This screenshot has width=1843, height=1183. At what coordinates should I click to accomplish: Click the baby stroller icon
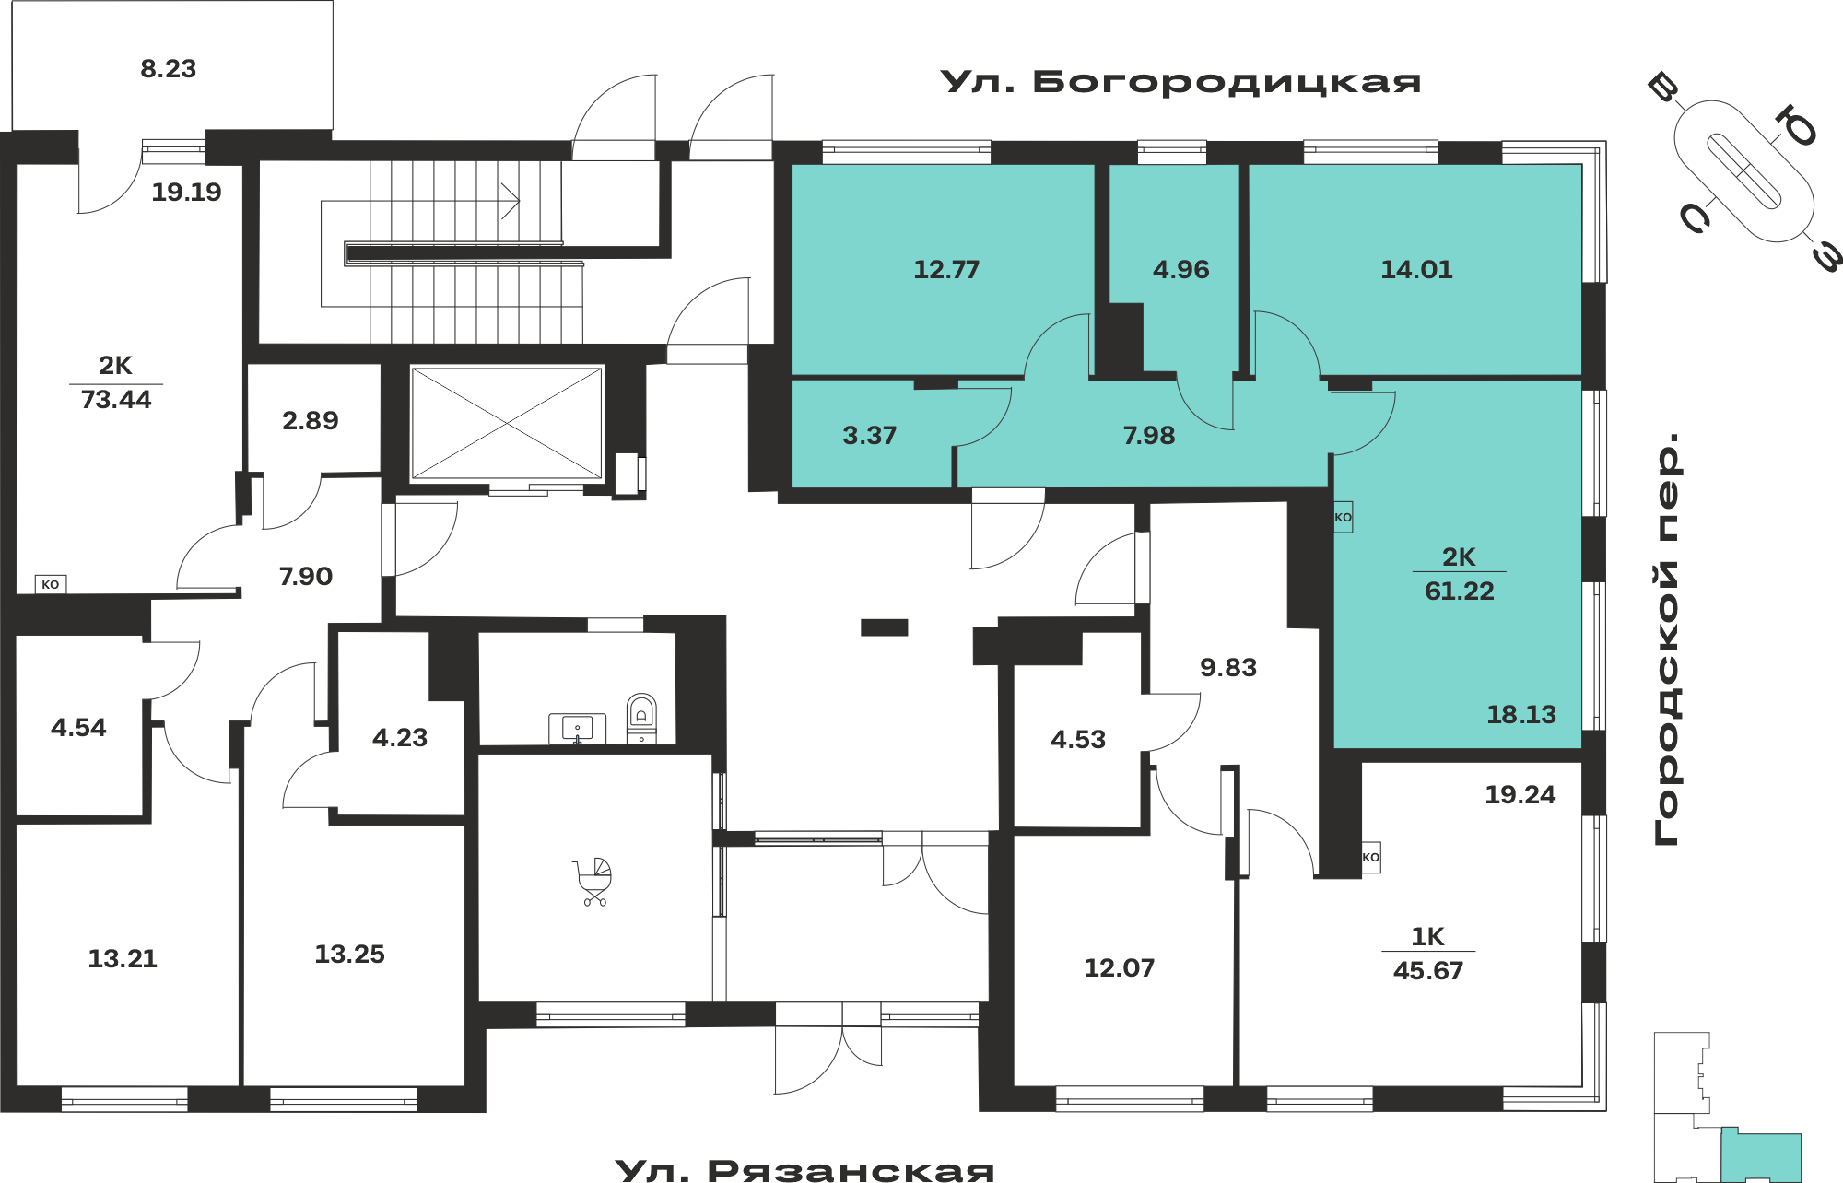[594, 882]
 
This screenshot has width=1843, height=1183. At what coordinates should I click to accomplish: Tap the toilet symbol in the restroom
[641, 719]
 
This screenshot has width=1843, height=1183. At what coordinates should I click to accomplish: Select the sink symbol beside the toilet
[578, 729]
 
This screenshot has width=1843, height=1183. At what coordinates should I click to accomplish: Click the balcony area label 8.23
[169, 69]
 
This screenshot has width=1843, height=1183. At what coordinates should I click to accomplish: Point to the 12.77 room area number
[946, 270]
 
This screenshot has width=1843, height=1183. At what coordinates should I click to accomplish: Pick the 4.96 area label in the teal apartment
[1180, 270]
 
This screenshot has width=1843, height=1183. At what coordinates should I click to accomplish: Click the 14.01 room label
[1416, 270]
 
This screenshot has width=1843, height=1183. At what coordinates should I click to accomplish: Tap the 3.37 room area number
[869, 436]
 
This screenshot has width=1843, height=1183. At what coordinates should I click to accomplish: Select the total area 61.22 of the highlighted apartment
[1460, 591]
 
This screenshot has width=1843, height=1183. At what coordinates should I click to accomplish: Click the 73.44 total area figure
[116, 400]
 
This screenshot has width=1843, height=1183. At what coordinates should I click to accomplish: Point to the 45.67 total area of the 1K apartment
[1428, 971]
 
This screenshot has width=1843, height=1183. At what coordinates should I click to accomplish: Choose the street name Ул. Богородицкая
[1180, 82]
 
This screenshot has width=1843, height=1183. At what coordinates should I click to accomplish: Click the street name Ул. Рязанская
[804, 1170]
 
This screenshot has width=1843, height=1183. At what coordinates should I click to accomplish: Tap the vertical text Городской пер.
[1667, 638]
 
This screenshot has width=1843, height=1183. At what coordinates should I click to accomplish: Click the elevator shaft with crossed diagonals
[507, 423]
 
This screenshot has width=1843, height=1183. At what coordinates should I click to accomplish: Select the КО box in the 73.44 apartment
[51, 584]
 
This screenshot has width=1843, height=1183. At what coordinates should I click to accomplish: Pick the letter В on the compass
[1664, 88]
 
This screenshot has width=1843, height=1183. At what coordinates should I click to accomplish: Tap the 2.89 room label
[311, 421]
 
